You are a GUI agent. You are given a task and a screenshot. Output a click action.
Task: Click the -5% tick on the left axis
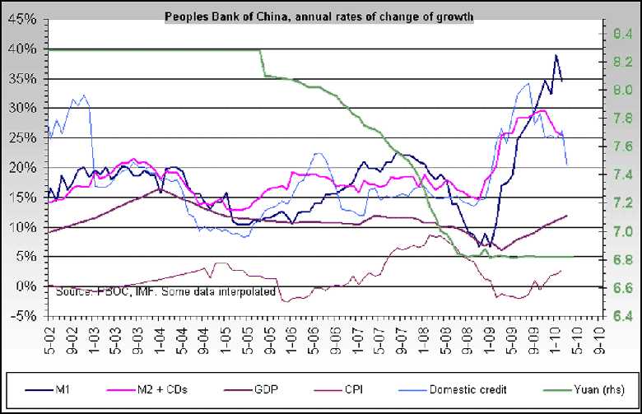coord(24,316)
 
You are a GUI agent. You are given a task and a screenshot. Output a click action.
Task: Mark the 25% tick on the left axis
coord(24,138)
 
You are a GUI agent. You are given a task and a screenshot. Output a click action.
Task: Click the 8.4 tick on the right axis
coord(620,34)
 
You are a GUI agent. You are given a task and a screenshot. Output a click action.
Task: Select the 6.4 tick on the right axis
coord(620,316)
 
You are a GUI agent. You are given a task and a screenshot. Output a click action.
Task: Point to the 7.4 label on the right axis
coord(620,174)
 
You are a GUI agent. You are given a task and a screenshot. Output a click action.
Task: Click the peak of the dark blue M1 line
coord(556,55)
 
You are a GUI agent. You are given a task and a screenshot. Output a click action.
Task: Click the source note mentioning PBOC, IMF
coord(165,291)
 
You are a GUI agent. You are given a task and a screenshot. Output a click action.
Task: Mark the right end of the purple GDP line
coord(566,216)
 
